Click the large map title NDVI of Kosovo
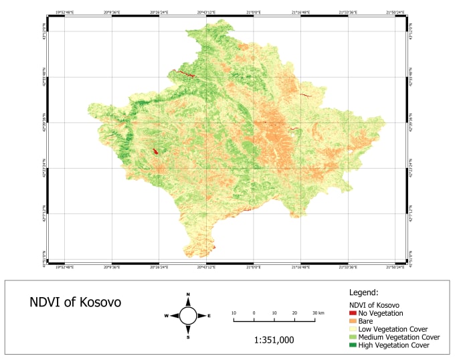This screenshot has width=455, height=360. (x=76, y=302)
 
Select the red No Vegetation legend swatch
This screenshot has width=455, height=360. (x=353, y=313)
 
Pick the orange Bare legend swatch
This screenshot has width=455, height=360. (x=353, y=321)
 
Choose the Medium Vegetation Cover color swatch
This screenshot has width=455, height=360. (x=353, y=337)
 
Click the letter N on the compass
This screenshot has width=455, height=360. (x=188, y=294)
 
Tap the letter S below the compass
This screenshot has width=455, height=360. (x=188, y=337)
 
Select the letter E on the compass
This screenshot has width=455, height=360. (x=209, y=315)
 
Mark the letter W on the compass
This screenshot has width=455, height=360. (x=167, y=315)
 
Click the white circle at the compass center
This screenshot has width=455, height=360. (x=188, y=315)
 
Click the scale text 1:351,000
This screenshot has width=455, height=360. (x=274, y=339)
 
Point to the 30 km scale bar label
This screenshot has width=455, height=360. (x=317, y=313)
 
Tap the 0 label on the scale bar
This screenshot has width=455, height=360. (x=254, y=313)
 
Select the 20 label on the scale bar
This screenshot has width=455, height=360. (x=294, y=313)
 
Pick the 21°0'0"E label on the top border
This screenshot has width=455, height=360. (x=254, y=11)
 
